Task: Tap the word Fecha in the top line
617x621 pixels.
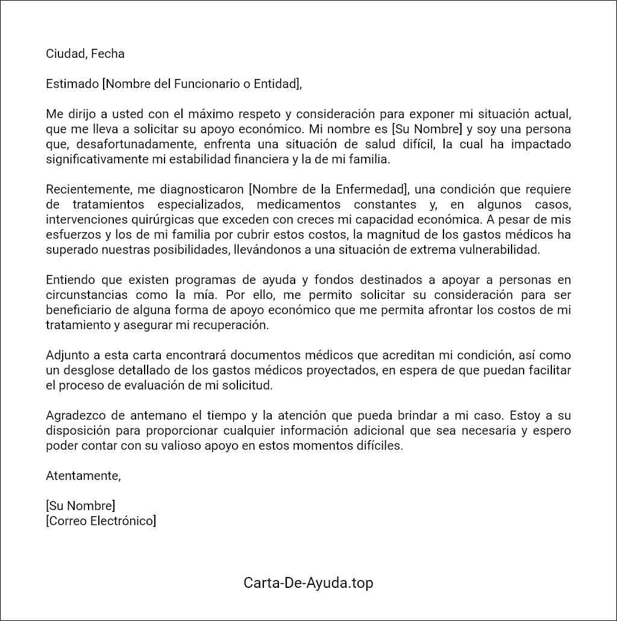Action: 108,54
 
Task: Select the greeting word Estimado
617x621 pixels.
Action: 72,84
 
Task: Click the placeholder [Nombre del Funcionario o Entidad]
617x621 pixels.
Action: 202,84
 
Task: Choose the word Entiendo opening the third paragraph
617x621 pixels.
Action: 68,280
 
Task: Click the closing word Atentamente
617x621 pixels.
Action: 83,476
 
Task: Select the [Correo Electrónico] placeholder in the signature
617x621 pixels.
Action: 101,521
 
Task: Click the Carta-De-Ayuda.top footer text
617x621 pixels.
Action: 308,583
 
